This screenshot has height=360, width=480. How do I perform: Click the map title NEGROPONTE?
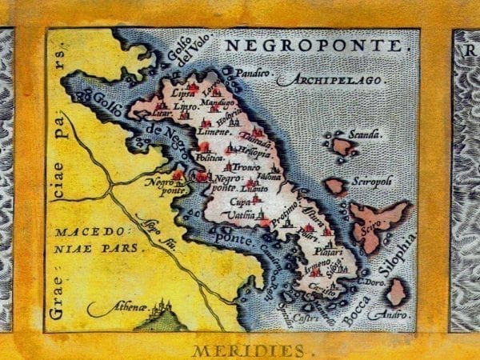pos(313,46)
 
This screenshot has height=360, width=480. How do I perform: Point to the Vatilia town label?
pos(234,217)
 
